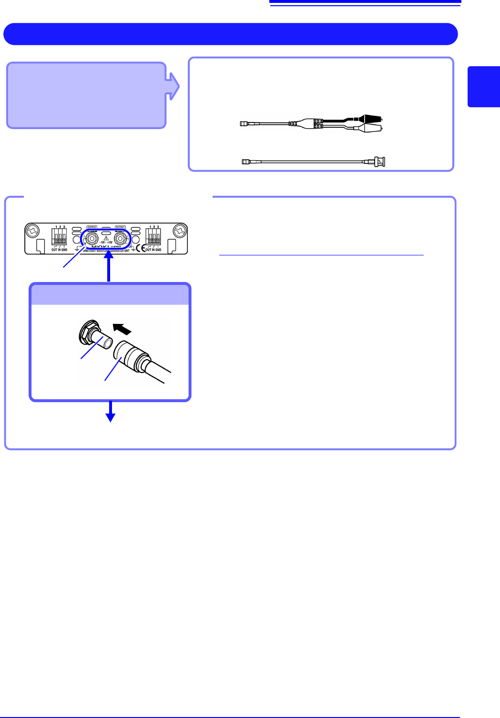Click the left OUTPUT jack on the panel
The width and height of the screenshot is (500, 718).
[91, 237]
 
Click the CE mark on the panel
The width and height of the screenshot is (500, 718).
[141, 248]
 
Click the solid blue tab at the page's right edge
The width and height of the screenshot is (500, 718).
[483, 87]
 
